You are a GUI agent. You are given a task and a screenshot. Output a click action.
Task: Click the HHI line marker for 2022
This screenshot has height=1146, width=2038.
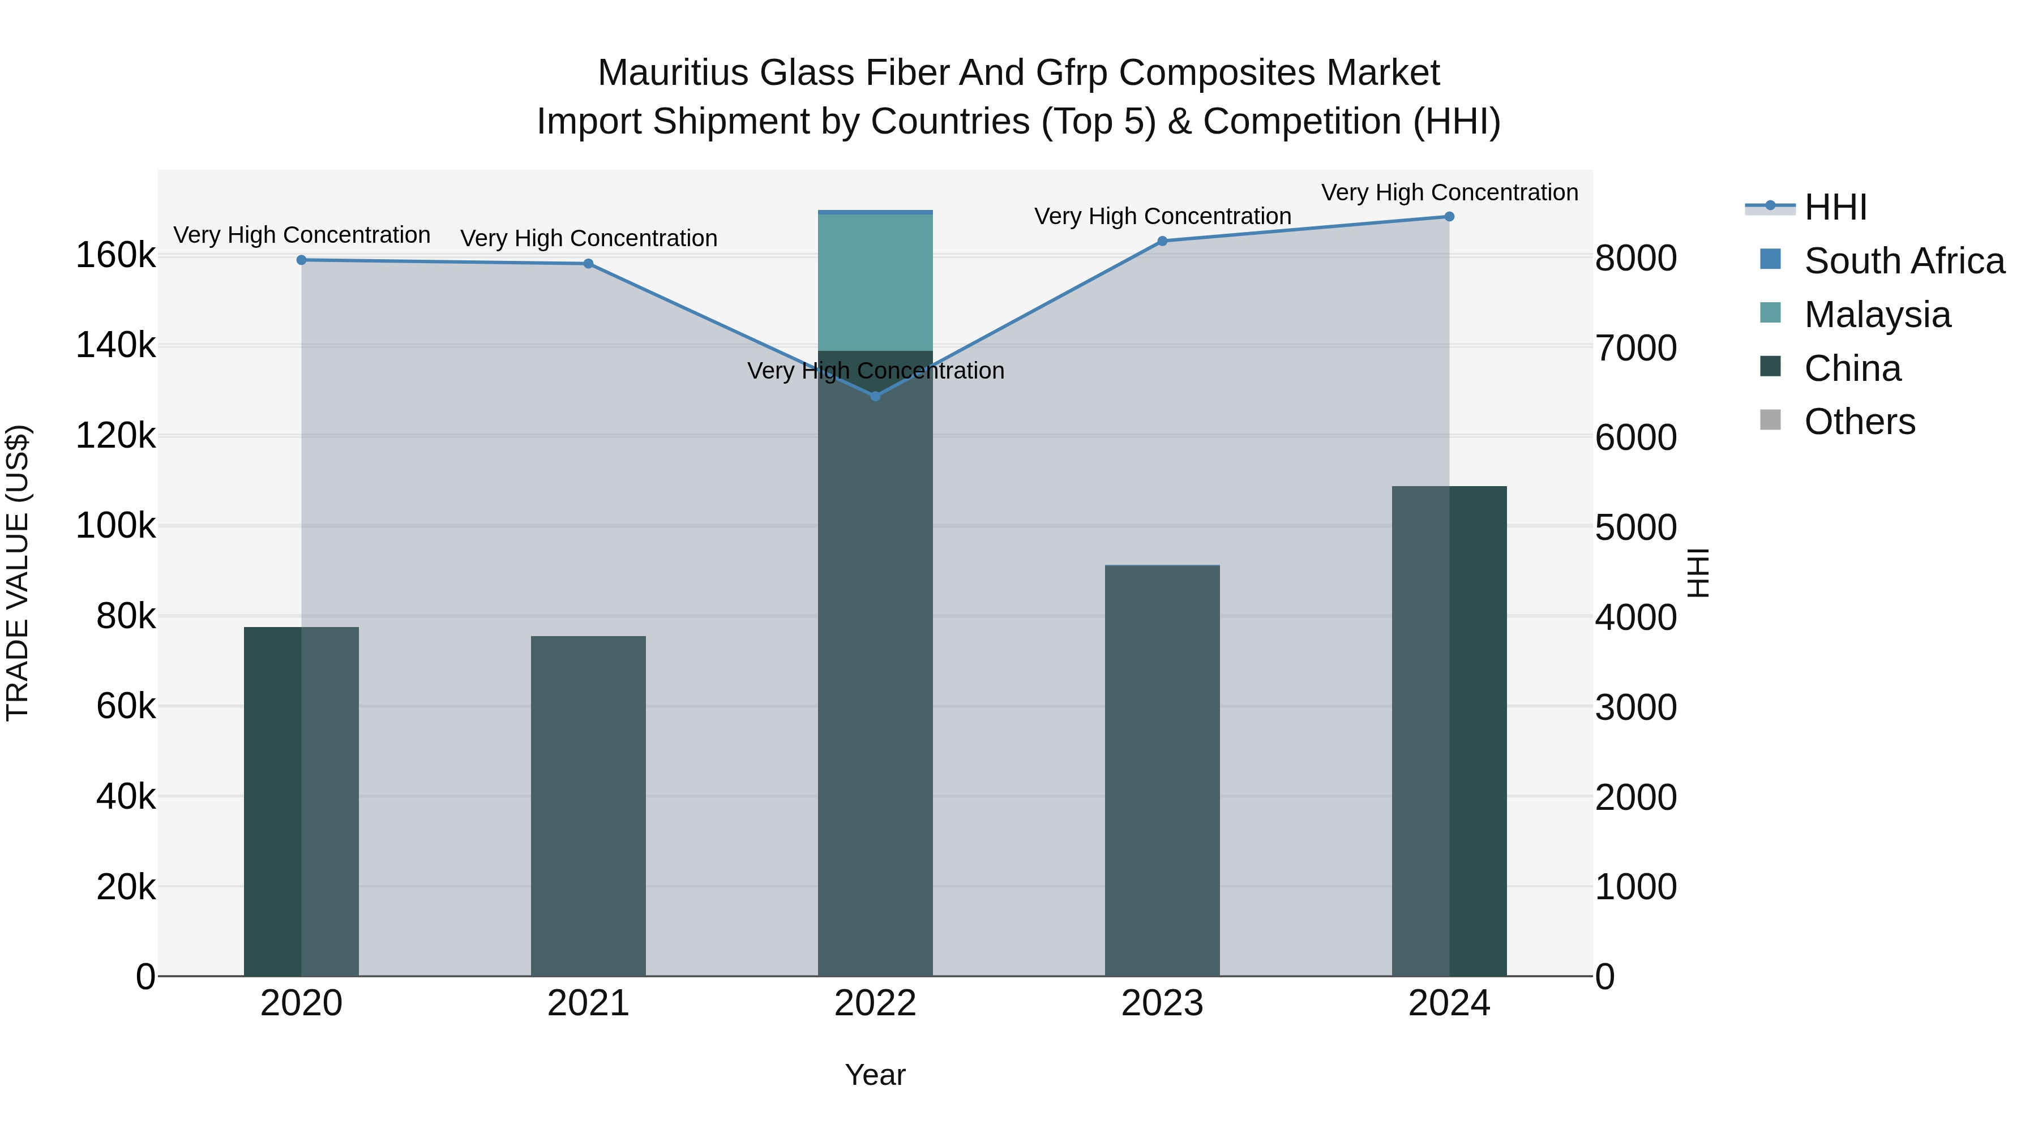tap(875, 396)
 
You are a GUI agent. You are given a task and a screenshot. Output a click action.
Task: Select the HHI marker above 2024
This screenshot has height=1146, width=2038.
tap(1449, 217)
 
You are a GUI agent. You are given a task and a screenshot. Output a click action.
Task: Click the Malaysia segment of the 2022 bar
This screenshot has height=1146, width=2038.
tap(875, 282)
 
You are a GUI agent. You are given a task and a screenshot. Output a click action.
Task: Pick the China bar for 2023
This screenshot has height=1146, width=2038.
tap(1162, 771)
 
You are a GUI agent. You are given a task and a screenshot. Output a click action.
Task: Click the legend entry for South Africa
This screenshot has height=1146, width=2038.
tap(1903, 261)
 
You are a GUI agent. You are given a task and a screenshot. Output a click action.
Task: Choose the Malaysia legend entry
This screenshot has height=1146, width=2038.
tap(1877, 315)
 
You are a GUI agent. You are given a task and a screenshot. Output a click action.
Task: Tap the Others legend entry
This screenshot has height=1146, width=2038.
tap(1859, 422)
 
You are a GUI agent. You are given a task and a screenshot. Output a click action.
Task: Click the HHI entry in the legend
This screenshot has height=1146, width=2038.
tap(1835, 207)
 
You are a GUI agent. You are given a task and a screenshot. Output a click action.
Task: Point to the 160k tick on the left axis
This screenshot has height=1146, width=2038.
tap(115, 255)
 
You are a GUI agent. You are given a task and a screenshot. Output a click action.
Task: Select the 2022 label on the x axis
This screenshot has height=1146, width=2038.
tap(875, 1003)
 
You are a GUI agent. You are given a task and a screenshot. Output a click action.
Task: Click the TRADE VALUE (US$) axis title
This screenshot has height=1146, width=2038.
tap(18, 573)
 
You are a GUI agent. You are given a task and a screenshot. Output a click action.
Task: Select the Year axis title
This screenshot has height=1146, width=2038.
tap(875, 1075)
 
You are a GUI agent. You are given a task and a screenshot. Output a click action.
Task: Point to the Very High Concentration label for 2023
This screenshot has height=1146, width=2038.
tap(1162, 216)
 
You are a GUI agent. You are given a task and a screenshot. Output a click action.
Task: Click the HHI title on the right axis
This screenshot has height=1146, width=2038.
tap(1698, 573)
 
